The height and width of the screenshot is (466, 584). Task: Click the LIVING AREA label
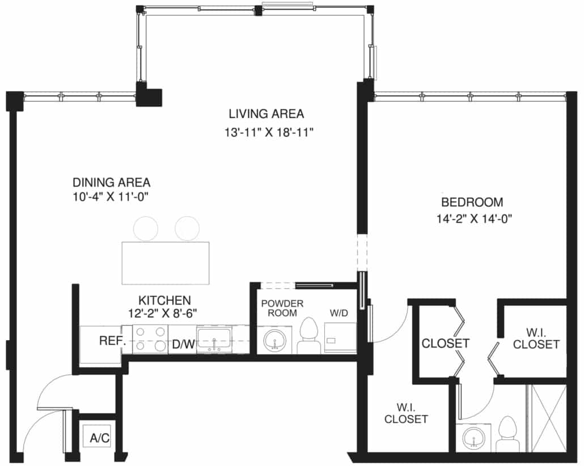point(266,113)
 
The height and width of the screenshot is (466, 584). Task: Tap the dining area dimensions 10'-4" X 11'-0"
point(111,197)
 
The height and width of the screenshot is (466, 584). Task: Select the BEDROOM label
point(472,202)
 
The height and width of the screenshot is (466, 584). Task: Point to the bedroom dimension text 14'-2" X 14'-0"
point(474,219)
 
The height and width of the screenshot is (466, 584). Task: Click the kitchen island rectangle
point(166,263)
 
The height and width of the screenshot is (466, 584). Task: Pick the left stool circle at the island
point(146,228)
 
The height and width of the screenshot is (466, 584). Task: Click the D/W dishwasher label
point(184,344)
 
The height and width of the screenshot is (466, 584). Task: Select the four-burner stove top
point(150,339)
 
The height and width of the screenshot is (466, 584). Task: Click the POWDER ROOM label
point(282,308)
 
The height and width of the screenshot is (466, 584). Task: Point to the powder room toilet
point(309,335)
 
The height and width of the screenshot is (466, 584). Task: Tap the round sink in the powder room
point(275,340)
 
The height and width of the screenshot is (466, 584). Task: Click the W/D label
point(338,313)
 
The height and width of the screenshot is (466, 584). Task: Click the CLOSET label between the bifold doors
point(445,343)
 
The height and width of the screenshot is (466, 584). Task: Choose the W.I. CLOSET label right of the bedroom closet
point(536,338)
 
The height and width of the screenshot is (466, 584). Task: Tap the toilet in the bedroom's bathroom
point(507,434)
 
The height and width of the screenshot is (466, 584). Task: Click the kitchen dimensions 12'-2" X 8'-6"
point(162,314)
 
